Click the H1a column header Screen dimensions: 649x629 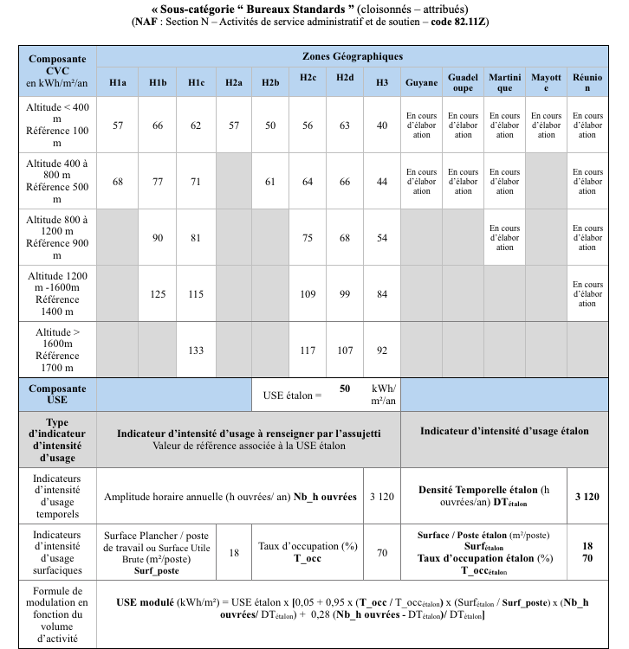point(118,82)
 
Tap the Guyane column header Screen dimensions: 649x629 point(422,82)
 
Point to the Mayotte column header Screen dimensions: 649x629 point(546,82)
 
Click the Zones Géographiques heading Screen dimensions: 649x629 point(352,56)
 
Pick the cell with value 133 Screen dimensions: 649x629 point(196,350)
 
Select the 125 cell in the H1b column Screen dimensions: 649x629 point(158,294)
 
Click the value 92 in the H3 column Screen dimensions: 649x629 point(382,350)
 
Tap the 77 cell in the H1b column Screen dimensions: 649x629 point(158,182)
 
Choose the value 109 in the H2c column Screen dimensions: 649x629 point(308,294)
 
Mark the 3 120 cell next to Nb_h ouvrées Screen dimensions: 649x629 point(382,496)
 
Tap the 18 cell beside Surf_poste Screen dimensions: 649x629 point(234,552)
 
